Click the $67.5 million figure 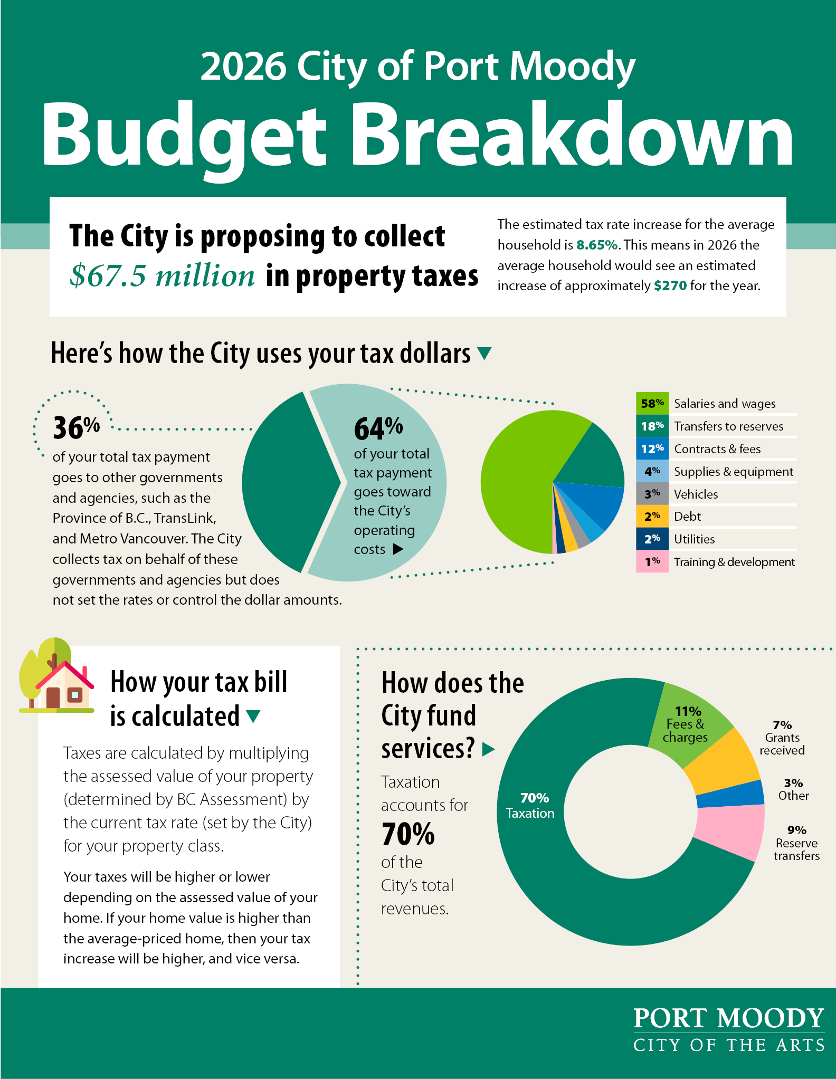[163, 275]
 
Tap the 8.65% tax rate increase [596, 245]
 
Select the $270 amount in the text [670, 286]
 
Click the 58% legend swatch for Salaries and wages [652, 404]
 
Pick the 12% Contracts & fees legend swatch [652, 449]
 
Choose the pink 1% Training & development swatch [652, 561]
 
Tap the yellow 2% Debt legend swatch [652, 517]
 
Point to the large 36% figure [76, 427]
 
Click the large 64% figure [378, 428]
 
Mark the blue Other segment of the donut [731, 794]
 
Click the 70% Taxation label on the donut [530, 806]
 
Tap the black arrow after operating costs [398, 549]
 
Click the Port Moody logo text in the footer [728, 1018]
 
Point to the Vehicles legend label [696, 494]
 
